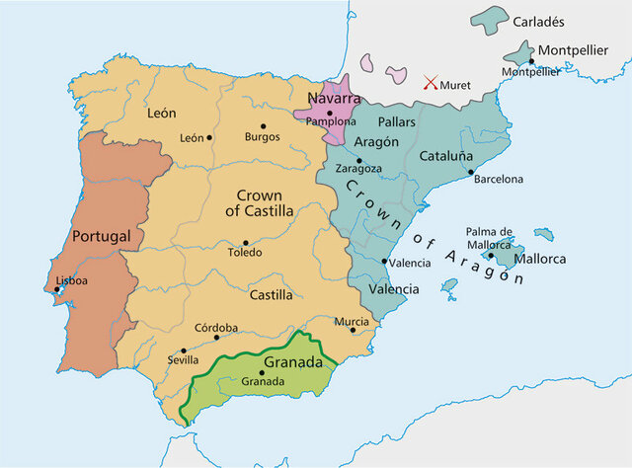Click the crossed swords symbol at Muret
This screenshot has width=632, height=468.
431,84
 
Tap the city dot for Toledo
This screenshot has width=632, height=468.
245,242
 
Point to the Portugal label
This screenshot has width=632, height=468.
102,237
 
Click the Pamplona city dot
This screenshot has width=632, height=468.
330,113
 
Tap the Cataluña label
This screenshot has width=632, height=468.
447,156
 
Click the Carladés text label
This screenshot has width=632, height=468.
539,20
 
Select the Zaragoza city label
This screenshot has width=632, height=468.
359,169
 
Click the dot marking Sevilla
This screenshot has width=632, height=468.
184,351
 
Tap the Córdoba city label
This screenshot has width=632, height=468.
216,328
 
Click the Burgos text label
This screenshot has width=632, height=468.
264,137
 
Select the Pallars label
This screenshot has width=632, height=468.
396,120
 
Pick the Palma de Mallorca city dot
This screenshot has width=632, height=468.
490,255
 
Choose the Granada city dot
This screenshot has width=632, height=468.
262,372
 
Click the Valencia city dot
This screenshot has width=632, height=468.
384,262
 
